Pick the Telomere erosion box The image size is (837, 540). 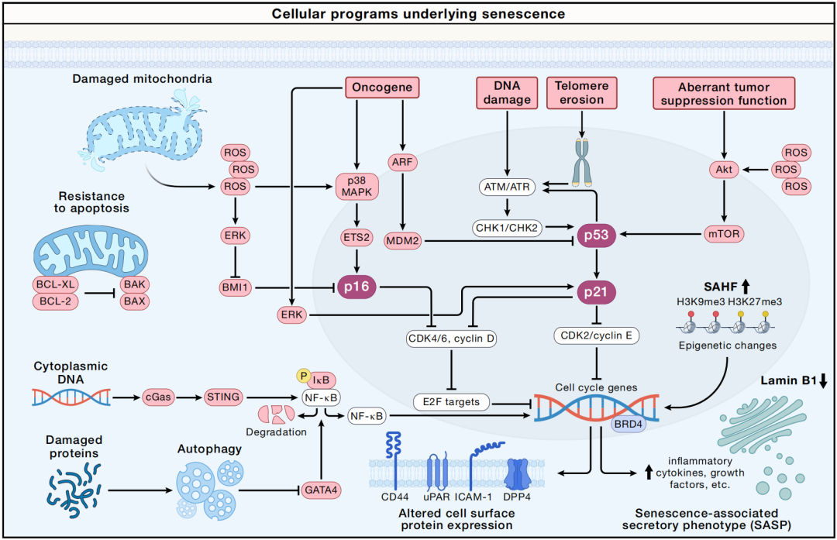[580, 92]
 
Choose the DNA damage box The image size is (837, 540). [505, 92]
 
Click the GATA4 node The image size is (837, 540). [319, 490]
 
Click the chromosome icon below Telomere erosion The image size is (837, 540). [580, 161]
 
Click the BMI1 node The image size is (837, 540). [235, 288]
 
